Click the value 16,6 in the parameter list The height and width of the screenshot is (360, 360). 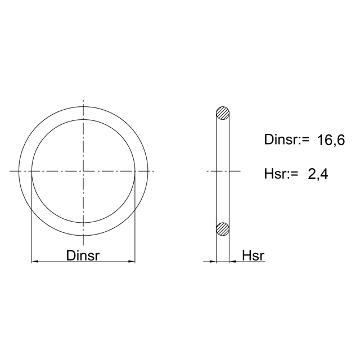click(x=331, y=140)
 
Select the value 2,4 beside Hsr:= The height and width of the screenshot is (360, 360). click(x=318, y=174)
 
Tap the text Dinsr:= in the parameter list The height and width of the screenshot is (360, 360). click(x=287, y=139)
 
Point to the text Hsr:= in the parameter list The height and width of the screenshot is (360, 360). click(x=281, y=174)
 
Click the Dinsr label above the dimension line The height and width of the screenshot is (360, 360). click(x=83, y=255)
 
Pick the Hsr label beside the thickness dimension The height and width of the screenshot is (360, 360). click(x=253, y=255)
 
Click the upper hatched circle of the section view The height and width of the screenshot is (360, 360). click(x=223, y=113)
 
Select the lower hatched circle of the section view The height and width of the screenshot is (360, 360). click(x=223, y=229)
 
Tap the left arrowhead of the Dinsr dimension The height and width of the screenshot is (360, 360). click(x=35, y=261)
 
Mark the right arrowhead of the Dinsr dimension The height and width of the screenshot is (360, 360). click(x=132, y=261)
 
